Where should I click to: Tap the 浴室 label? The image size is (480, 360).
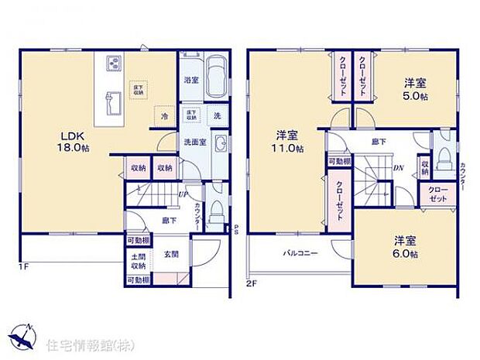(x=190, y=80)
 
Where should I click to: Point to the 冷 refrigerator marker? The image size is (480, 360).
(x=164, y=116)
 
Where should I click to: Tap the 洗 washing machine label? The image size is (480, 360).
(x=217, y=115)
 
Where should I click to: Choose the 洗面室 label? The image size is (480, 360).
(x=194, y=142)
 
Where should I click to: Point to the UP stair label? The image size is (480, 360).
(x=183, y=194)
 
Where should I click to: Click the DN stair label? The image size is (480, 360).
(x=397, y=166)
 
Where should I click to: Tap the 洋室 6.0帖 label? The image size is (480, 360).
(x=404, y=246)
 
